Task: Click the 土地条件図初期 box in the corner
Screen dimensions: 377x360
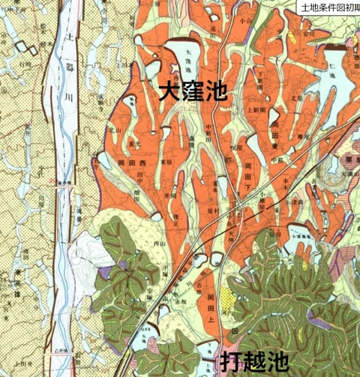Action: point(328,7)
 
